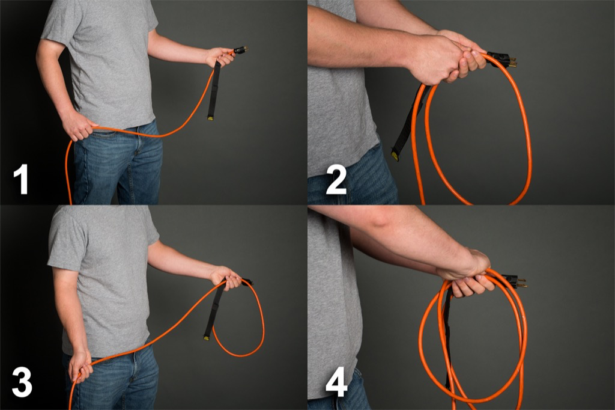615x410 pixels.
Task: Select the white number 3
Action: [22, 382]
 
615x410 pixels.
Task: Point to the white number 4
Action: [336, 382]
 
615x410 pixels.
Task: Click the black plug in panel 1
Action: [239, 50]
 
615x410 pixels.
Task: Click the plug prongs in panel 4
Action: [521, 282]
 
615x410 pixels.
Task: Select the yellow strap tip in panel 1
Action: [211, 117]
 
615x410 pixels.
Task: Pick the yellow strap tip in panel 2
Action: [395, 156]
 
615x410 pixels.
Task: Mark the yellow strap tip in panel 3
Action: [207, 338]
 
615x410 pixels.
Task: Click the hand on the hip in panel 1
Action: [78, 126]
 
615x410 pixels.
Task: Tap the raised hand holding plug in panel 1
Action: [220, 57]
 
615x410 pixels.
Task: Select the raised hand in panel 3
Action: [225, 277]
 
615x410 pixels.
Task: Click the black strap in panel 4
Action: [447, 337]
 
